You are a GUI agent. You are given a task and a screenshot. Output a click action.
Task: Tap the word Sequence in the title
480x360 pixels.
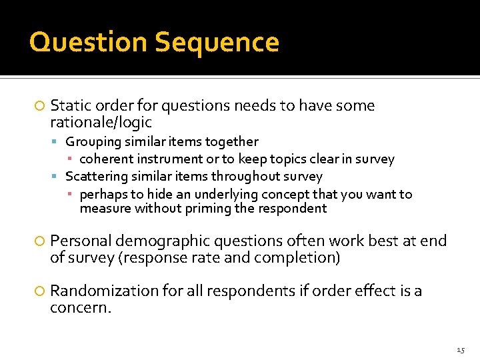click(x=217, y=43)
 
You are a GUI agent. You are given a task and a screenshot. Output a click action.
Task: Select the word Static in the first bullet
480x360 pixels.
click(x=70, y=106)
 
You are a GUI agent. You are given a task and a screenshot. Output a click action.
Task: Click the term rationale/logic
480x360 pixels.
click(x=101, y=123)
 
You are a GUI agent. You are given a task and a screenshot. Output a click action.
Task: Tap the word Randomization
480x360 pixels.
click(x=103, y=291)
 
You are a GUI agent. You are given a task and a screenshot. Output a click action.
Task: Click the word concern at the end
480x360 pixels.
click(x=79, y=308)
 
